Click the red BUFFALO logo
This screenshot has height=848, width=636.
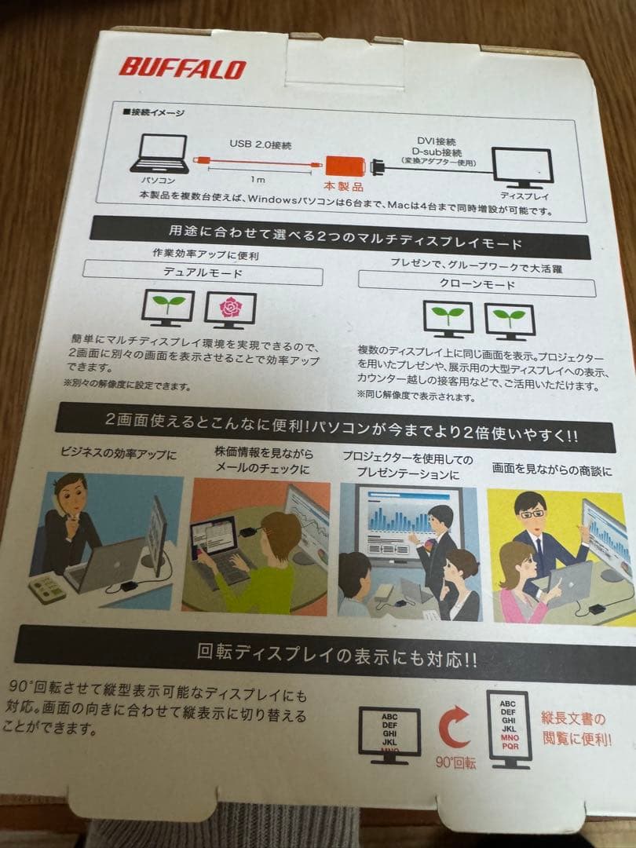coord(182,68)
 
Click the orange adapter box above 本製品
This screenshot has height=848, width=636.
coord(345,166)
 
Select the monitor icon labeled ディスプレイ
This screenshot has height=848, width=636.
coord(521,169)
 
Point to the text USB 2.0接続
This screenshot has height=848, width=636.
coord(260,144)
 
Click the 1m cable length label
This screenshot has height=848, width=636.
coord(258,179)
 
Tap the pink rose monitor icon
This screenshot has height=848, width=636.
coord(230,310)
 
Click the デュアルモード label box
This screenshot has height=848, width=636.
coord(203,272)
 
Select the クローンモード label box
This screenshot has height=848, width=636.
coord(477,284)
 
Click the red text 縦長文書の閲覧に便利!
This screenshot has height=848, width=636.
coord(576,729)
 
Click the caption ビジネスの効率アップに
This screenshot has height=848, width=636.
coord(119,453)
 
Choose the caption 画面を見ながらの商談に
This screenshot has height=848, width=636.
coord(552,470)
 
